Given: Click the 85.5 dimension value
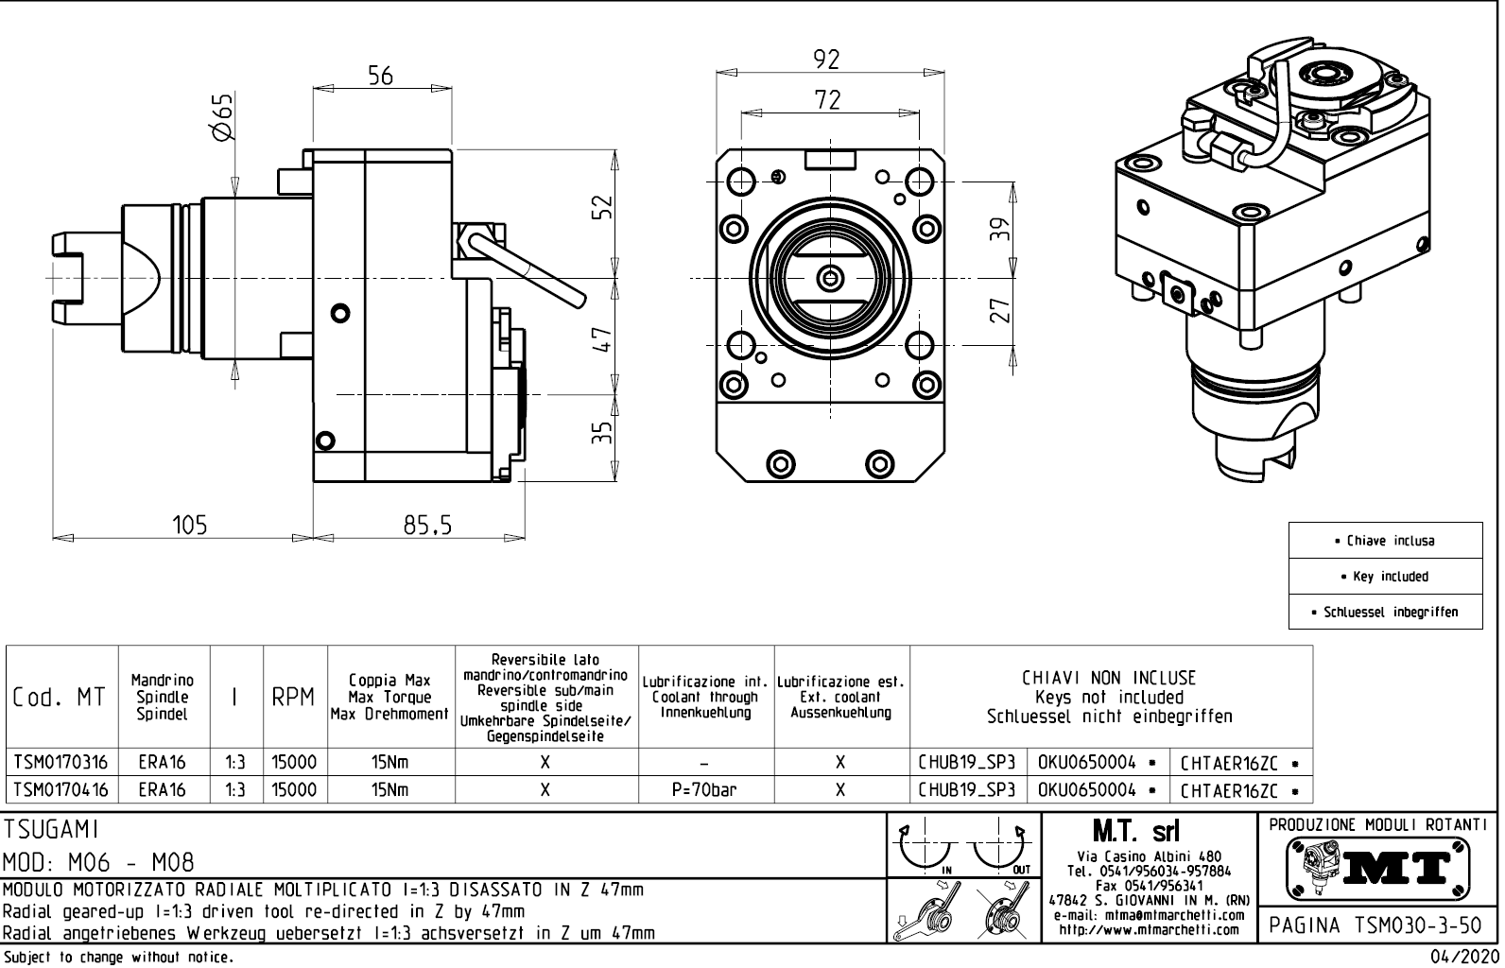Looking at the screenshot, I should click(x=427, y=525).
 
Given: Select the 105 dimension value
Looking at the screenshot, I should click(x=189, y=525).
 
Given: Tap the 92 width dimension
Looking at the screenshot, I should click(x=826, y=60).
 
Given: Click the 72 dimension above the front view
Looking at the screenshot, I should click(x=827, y=99).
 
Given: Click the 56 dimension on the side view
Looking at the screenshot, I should click(x=380, y=77).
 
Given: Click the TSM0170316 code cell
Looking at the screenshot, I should click(x=61, y=762).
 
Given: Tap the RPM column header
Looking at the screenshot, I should click(x=294, y=698).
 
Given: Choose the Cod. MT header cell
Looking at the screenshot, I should click(x=61, y=698).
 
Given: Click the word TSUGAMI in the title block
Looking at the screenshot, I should click(x=52, y=829).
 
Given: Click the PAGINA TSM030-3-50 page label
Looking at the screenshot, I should click(x=1378, y=925).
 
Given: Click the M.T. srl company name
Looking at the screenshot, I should click(x=1134, y=832).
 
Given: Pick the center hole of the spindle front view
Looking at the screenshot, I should click(x=830, y=278).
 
